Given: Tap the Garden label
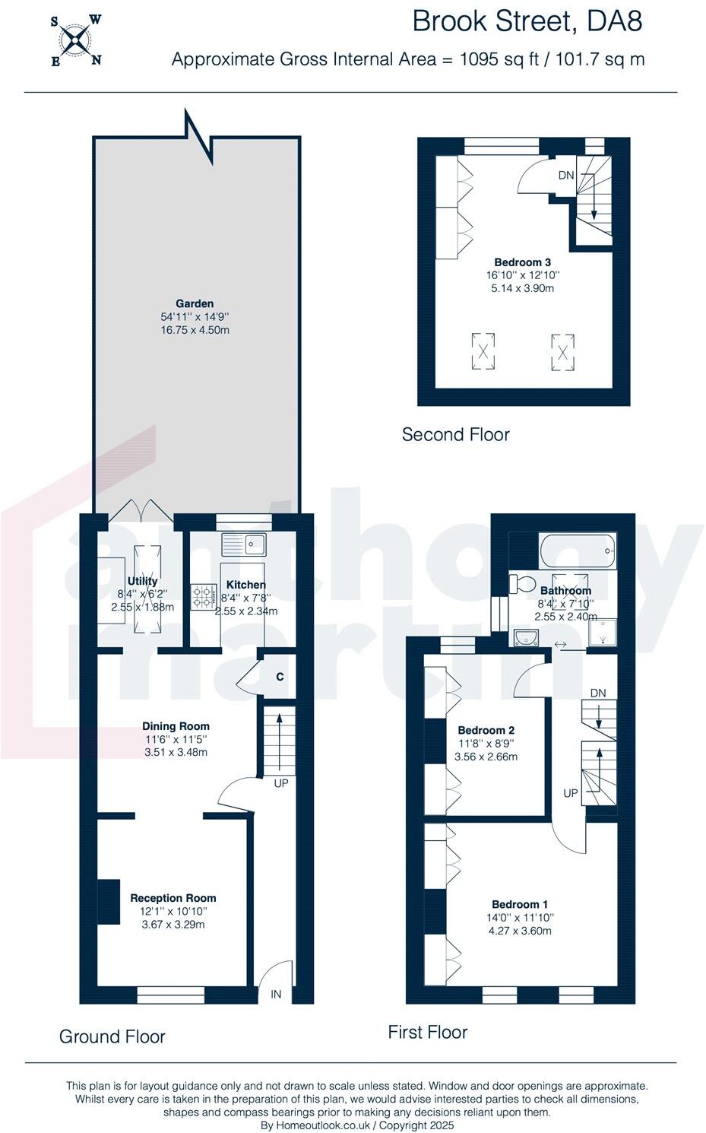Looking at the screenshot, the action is click(x=195, y=303).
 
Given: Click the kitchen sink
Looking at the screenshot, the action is click(x=244, y=544).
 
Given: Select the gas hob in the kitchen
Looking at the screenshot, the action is click(x=204, y=596).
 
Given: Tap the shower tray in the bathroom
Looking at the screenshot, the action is click(x=603, y=632).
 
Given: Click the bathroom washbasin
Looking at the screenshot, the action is click(x=526, y=638).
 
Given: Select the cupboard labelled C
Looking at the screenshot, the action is click(x=278, y=677).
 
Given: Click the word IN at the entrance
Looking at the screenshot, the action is click(x=276, y=994).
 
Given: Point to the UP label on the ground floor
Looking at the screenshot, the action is click(x=281, y=783).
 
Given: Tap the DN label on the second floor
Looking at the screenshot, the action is click(x=566, y=175).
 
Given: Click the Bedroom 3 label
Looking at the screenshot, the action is click(x=522, y=262).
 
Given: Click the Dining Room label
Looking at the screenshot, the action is click(x=176, y=726).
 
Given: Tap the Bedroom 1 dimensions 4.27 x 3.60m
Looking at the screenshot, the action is click(x=520, y=931).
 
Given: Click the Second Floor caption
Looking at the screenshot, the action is click(x=456, y=434).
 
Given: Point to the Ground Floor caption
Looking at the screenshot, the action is click(x=112, y=1036).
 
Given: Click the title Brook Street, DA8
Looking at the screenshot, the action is click(x=527, y=21).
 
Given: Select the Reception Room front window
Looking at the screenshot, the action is click(x=171, y=995).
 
